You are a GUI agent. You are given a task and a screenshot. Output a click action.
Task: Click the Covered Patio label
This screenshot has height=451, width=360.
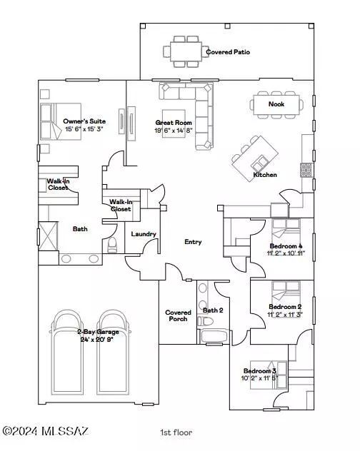(x=228, y=52)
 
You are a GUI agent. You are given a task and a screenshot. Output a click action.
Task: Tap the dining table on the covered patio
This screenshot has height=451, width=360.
(x=186, y=51)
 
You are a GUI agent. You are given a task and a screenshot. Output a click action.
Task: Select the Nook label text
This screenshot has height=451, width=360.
(x=276, y=104)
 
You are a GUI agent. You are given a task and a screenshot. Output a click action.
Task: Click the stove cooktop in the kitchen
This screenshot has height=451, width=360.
(x=306, y=170)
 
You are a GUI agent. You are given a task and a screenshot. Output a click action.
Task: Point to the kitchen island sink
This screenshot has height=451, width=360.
(x=260, y=163)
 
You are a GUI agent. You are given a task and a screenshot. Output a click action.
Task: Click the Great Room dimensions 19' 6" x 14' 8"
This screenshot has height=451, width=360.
(x=174, y=131)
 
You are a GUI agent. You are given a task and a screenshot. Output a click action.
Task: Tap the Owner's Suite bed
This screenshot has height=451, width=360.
(x=61, y=121)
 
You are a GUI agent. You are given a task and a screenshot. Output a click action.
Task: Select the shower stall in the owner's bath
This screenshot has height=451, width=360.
(x=48, y=236)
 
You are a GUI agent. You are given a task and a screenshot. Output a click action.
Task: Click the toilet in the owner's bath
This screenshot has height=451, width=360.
(x=112, y=245)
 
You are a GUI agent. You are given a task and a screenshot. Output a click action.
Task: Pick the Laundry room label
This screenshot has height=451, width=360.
(x=144, y=234)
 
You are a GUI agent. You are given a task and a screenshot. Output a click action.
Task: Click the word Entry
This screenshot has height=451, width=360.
(x=193, y=242)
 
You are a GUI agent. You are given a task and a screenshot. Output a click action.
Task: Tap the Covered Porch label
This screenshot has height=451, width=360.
(x=178, y=315)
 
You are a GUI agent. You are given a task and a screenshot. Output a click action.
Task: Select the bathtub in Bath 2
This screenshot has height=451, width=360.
(x=214, y=336)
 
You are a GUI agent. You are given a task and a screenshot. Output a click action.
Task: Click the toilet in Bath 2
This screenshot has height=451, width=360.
(x=205, y=321)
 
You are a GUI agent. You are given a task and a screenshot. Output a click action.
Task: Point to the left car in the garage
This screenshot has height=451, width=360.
(x=67, y=353)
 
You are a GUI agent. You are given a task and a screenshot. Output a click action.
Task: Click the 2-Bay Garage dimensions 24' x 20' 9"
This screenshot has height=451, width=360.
(x=96, y=340)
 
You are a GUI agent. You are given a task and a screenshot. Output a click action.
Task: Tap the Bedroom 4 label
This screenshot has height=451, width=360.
(x=286, y=246)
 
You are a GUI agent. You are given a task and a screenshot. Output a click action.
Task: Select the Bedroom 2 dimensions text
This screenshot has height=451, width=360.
(x=285, y=315)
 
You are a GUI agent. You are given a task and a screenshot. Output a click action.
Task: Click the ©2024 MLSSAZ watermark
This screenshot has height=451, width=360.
(x=45, y=431)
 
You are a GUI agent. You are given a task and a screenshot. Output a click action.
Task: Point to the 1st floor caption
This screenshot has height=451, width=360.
(x=176, y=432)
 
